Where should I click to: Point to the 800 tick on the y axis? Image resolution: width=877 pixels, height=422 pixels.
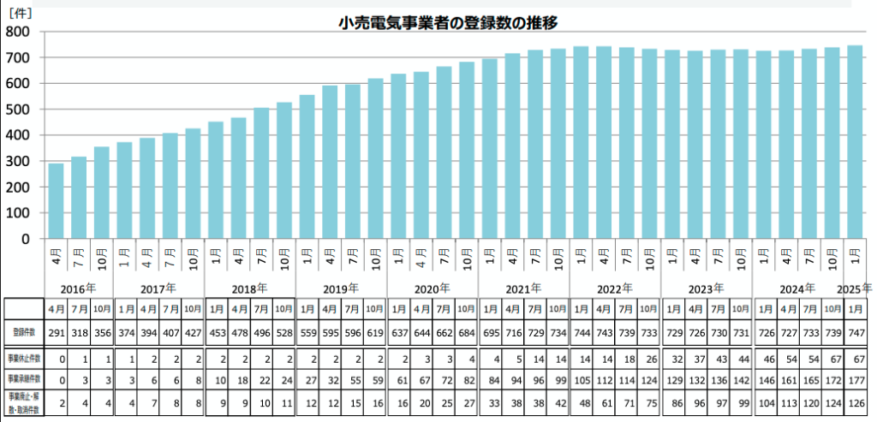click(18, 32)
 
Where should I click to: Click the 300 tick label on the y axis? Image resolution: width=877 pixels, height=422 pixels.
click(18, 161)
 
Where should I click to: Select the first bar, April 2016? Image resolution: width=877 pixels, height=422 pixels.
click(56, 200)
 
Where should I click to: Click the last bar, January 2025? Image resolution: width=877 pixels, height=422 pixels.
click(854, 141)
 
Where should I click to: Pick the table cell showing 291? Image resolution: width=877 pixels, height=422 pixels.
click(56, 331)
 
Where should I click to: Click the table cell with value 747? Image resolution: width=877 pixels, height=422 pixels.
click(854, 331)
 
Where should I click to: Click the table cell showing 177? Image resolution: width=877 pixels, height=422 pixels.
click(854, 379)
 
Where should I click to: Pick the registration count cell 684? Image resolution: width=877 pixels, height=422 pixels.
click(466, 331)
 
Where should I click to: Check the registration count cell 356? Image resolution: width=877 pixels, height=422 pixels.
click(101, 331)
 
